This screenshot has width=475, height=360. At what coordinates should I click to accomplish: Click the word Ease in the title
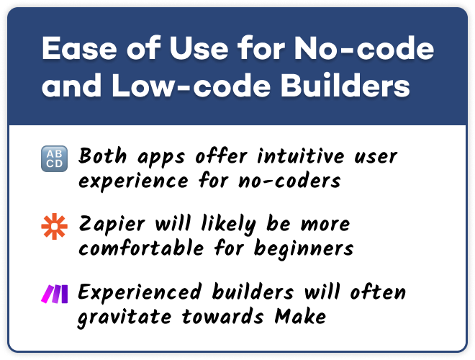tap(79, 48)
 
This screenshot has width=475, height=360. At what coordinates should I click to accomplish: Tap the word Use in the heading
tap(199, 48)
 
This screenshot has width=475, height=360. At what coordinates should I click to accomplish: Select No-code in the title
tap(364, 48)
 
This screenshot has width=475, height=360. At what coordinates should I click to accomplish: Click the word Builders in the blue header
tap(345, 86)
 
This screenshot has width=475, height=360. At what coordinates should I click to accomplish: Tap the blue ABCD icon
tap(54, 158)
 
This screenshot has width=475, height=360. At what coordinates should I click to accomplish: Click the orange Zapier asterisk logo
tap(54, 226)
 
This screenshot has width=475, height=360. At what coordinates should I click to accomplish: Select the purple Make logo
tap(55, 294)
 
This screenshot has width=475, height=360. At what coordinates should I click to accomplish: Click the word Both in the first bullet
tap(102, 156)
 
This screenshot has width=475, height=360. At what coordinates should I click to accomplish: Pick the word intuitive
tap(301, 156)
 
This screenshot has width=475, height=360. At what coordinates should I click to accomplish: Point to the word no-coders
tap(289, 181)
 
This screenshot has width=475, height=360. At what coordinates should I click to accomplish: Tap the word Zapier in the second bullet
tap(112, 225)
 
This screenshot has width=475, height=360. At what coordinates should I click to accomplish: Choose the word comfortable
tap(141, 248)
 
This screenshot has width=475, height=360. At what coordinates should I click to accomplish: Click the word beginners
tap(304, 249)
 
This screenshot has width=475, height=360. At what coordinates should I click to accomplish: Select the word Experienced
tap(140, 292)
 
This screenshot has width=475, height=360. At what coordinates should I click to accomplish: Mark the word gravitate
tap(125, 318)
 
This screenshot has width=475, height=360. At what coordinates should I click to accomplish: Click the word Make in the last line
tap(300, 316)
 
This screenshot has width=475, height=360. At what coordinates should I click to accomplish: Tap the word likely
tap(229, 225)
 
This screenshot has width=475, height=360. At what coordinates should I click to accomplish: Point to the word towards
tap(222, 316)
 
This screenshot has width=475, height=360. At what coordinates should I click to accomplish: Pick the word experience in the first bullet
tap(133, 182)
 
